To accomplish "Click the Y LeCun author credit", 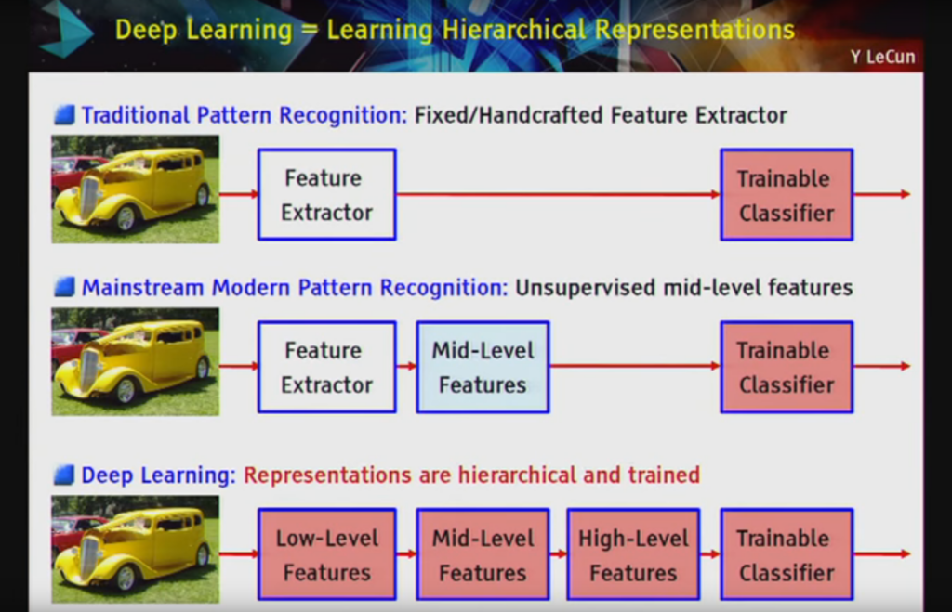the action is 882,57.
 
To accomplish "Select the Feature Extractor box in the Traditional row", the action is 326,195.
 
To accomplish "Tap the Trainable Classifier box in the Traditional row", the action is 787,195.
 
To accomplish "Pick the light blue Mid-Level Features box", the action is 483,367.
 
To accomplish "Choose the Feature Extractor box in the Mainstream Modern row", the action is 326,367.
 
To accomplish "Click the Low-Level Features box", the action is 326,554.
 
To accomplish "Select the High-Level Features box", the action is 633,554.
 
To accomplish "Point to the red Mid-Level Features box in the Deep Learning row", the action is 483,554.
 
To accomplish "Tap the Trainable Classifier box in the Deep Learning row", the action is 787,554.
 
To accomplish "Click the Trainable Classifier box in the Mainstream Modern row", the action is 787,367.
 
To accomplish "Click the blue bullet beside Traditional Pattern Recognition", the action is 64,114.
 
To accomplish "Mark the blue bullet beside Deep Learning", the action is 64,475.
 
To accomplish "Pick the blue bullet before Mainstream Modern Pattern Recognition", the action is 64,286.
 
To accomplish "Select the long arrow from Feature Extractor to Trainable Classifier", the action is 558,194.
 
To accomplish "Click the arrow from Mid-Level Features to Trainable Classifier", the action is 635,366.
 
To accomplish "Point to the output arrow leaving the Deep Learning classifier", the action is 881,553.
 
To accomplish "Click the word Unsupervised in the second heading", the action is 586,288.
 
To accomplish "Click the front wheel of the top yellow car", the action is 126,217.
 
